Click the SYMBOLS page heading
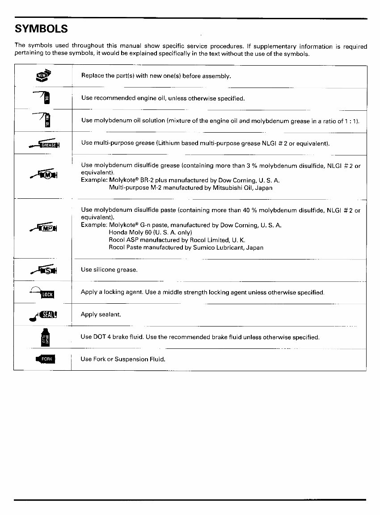click(x=41, y=29)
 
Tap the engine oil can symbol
click(x=43, y=97)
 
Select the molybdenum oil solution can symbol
click(x=43, y=120)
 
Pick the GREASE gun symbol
click(x=45, y=144)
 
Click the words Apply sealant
click(x=101, y=314)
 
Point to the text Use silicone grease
click(x=109, y=270)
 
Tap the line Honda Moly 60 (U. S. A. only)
click(x=150, y=233)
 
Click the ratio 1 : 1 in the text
click(x=350, y=121)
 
